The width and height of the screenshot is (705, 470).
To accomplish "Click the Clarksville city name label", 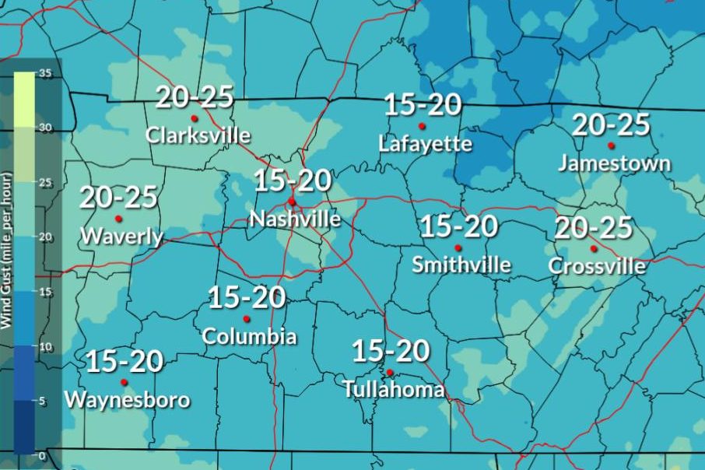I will point(198,135).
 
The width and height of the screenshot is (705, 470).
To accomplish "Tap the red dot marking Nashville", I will point(292,202).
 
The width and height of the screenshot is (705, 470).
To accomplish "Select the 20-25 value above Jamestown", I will point(611,125).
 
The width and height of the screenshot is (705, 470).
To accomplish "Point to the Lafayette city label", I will point(425,144).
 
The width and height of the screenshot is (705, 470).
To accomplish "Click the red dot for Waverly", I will point(118,219).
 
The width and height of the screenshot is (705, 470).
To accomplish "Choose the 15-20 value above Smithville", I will point(458,227).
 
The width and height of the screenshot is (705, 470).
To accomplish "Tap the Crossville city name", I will point(597,266).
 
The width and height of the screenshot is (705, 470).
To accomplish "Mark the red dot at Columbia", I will point(247,318).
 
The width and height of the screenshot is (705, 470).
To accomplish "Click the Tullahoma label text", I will point(394,389).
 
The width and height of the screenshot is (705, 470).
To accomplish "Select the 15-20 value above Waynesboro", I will point(124,361).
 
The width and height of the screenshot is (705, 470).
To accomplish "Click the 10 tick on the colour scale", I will point(44,346).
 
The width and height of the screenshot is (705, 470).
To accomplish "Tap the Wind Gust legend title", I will point(6,265).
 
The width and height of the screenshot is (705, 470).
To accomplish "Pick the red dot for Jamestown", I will point(612,146).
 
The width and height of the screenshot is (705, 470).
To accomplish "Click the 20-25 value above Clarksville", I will point(195,98).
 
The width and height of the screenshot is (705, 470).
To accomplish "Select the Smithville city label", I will point(461,265).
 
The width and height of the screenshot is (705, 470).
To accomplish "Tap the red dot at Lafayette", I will point(422,126).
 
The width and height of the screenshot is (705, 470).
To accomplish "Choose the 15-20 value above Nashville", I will point(293,181).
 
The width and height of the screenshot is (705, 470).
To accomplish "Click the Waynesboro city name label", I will point(127,400).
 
